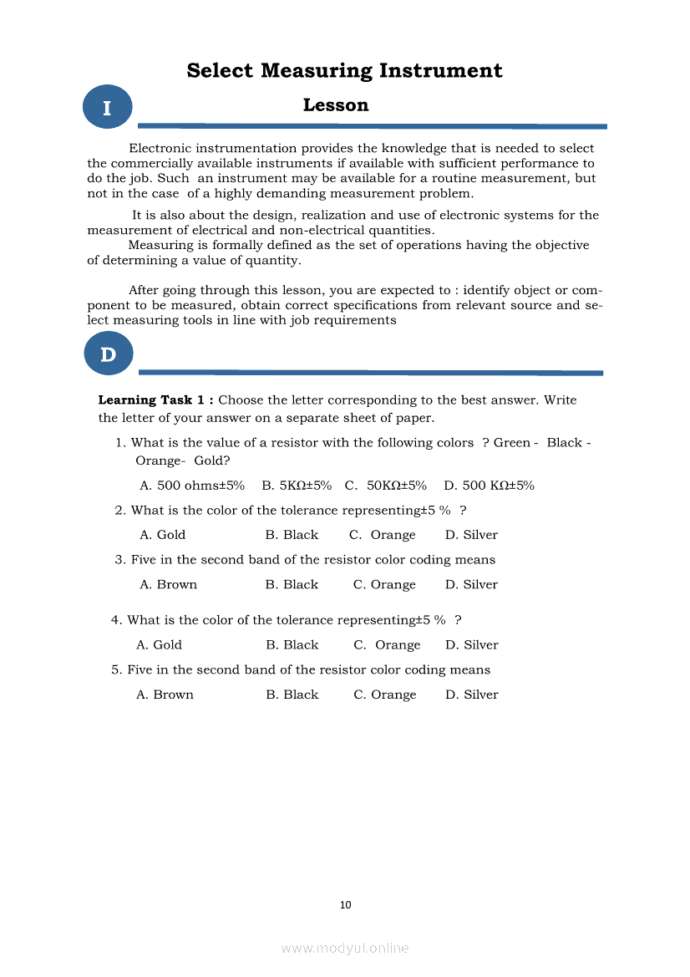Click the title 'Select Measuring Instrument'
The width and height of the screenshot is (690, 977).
point(344,70)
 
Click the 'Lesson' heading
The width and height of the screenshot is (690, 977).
point(335,105)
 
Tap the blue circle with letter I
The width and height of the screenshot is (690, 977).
point(108,108)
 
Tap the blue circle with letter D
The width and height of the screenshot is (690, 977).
point(108,354)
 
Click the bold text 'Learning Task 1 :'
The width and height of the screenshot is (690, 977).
point(155,400)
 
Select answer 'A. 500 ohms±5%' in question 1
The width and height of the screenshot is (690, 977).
point(191,486)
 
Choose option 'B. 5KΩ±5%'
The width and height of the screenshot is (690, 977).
point(297,486)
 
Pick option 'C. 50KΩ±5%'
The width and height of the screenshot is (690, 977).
point(385,486)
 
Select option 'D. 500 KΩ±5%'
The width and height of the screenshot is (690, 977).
point(489,486)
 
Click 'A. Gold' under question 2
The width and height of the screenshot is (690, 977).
point(162,535)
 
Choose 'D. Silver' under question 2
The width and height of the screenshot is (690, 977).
point(471,535)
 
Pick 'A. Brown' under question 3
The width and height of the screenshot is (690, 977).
point(168,585)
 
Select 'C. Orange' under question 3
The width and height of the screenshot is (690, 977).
point(384,585)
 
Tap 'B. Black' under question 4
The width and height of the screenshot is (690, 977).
point(292,645)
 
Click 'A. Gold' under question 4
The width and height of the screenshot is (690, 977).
point(159,645)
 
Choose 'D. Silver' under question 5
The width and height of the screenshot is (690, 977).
point(471,695)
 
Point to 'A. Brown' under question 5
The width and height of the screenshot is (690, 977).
point(165,695)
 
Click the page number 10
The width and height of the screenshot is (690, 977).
point(346,904)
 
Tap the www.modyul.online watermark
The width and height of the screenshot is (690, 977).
point(345,948)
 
